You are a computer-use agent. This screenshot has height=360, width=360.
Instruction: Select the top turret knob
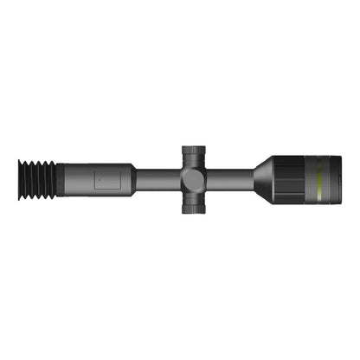[x=193, y=155]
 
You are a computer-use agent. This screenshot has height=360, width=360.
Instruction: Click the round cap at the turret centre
[x=193, y=180]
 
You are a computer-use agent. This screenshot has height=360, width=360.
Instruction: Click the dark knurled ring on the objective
[x=290, y=180]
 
